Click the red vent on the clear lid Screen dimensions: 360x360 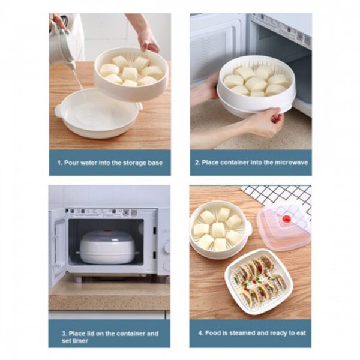[286, 220]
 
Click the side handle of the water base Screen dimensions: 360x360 [58, 112]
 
